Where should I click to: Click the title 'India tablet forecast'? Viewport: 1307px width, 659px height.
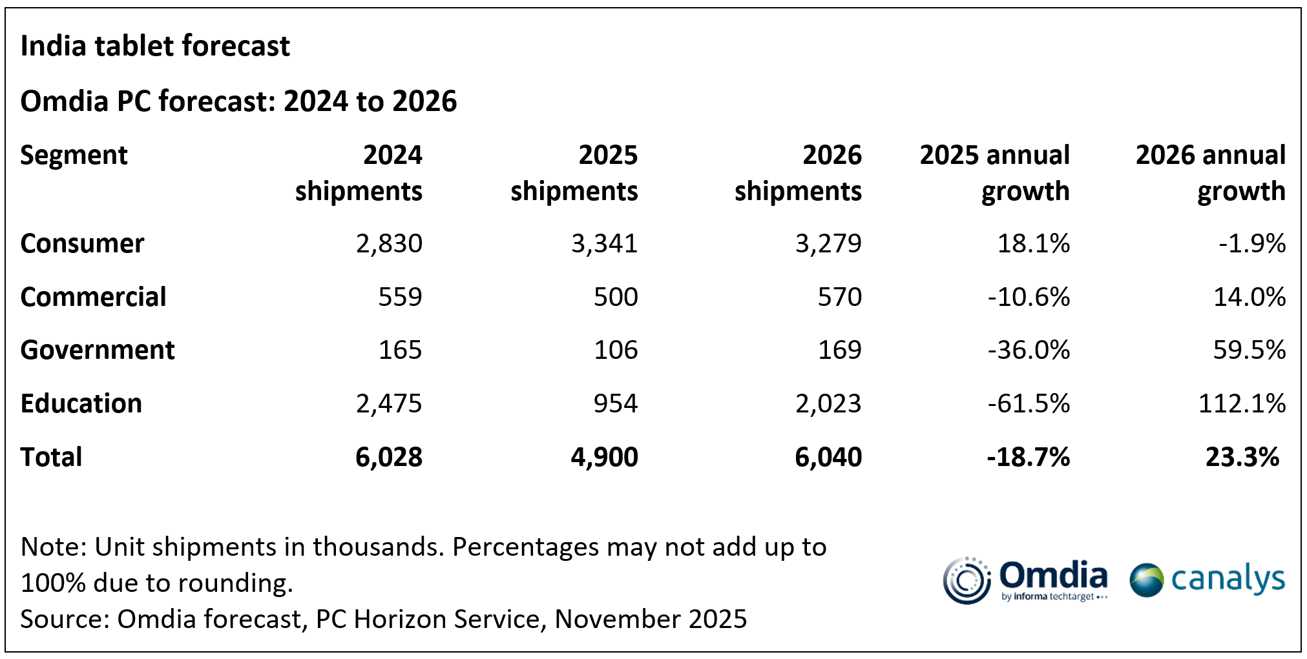click(155, 46)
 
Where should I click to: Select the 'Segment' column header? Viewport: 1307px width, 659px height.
click(74, 156)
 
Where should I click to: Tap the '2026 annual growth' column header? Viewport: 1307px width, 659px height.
click(1210, 173)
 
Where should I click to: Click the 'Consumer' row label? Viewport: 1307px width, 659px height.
click(82, 244)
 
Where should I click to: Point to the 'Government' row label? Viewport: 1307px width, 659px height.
click(98, 350)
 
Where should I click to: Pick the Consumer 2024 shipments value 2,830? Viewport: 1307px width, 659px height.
click(389, 244)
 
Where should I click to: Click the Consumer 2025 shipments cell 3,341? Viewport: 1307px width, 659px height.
click(604, 244)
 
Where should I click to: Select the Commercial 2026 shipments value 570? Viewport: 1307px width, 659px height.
click(839, 298)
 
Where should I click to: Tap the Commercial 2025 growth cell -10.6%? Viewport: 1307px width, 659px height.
click(1029, 298)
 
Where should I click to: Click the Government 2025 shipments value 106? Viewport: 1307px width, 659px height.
click(616, 350)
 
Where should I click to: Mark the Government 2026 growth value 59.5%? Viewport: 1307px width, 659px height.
click(1249, 350)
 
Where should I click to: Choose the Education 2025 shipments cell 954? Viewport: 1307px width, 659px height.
click(616, 404)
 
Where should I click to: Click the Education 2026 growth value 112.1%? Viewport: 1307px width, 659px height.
click(1242, 404)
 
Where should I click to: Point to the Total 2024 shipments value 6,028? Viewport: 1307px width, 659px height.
click(389, 458)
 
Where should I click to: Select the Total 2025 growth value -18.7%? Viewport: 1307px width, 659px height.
click(1029, 458)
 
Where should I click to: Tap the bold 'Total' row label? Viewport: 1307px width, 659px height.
click(52, 458)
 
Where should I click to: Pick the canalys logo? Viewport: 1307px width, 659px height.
click(1207, 580)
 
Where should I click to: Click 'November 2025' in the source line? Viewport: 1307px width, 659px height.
click(651, 620)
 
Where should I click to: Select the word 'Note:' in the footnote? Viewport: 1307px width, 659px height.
click(54, 547)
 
